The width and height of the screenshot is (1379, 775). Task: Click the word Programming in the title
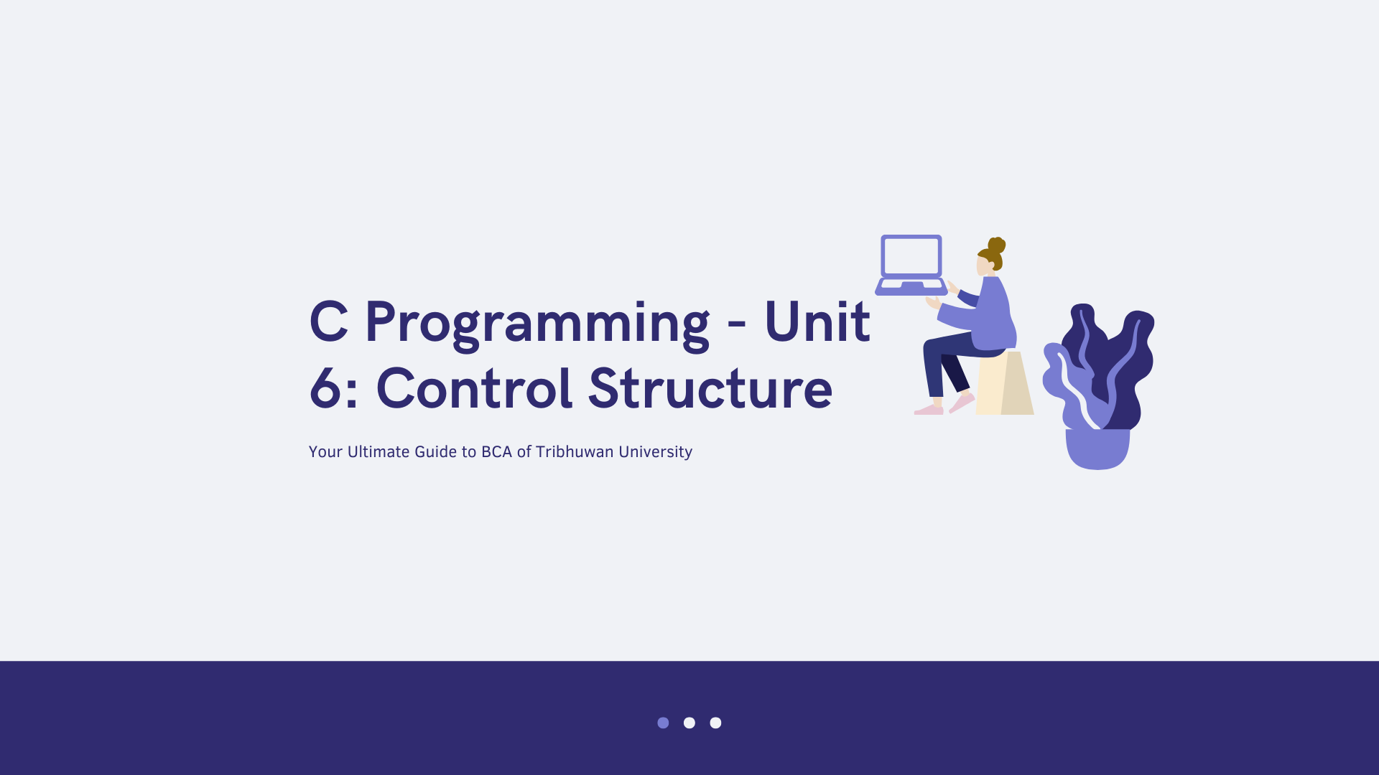tap(537, 325)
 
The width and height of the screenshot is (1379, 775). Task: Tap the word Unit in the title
tap(817, 321)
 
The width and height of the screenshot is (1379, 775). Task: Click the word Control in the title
tap(475, 388)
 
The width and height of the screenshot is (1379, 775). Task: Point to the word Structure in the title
tap(710, 388)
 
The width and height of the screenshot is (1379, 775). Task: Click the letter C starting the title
tap(329, 321)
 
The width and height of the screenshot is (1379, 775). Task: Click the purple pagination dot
tap(663, 723)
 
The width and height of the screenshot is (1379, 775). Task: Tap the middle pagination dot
tap(689, 723)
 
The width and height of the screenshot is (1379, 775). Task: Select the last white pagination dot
tap(715, 723)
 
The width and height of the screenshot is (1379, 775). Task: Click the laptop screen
tap(911, 256)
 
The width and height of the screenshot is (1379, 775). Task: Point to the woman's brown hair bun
tap(997, 245)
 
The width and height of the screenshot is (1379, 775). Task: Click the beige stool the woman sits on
tap(1005, 383)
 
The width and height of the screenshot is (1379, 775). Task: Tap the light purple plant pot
tap(1097, 449)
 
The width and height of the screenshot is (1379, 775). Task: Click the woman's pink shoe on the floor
tap(929, 410)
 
